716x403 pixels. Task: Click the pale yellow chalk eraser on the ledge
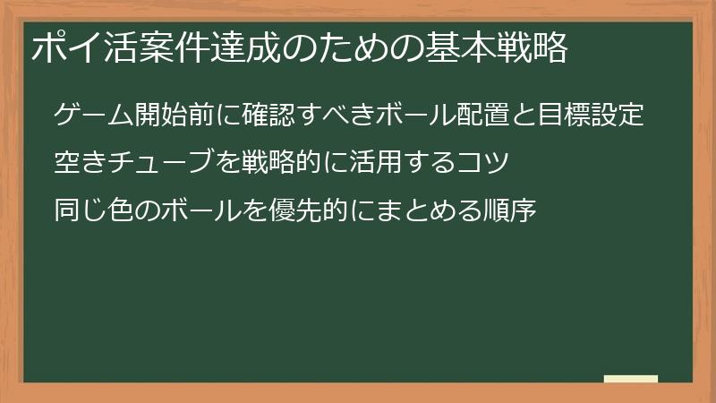pyautogui.click(x=631, y=379)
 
